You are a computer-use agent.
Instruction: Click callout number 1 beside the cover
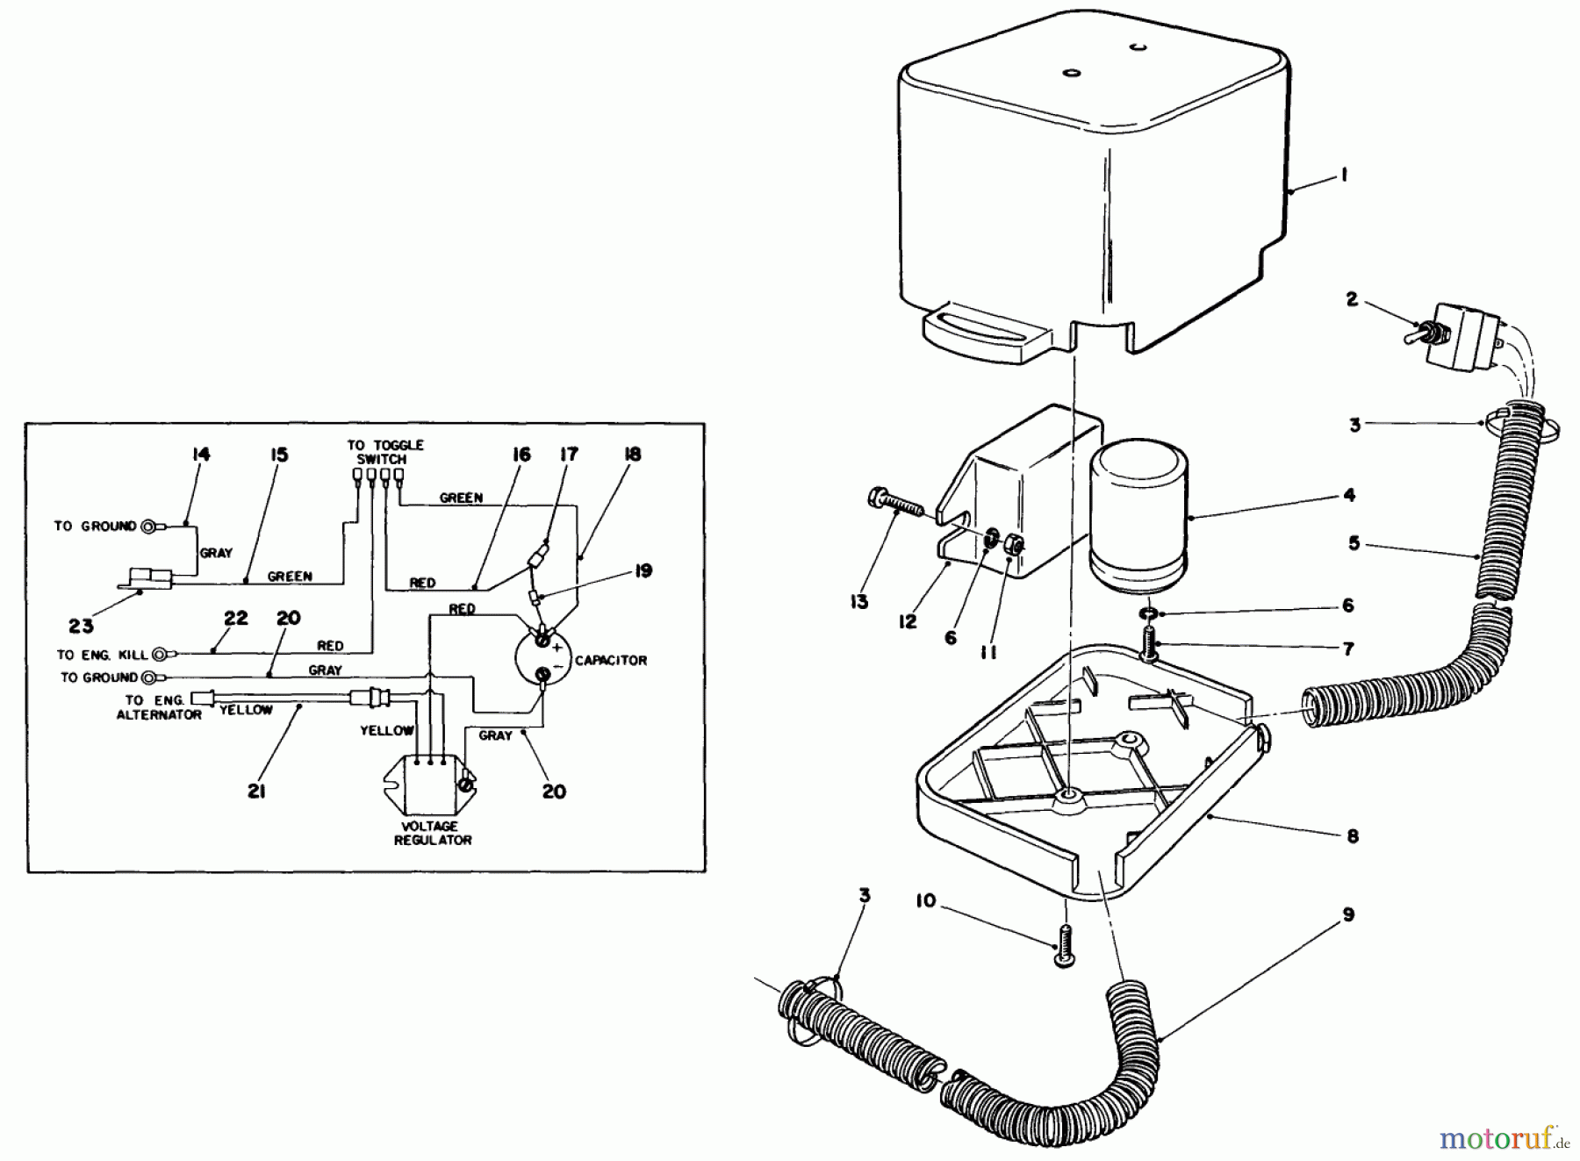tap(1343, 176)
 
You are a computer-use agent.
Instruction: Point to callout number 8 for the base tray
tap(1352, 836)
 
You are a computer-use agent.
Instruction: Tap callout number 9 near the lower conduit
tap(1347, 914)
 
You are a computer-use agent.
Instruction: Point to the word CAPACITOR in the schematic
tap(610, 660)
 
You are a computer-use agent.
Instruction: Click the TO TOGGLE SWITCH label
tap(384, 452)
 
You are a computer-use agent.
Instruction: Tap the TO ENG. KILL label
tap(103, 654)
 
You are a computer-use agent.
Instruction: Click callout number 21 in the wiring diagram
tap(255, 792)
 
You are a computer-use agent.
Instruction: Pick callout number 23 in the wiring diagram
tap(81, 627)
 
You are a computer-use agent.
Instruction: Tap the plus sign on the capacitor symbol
tap(557, 648)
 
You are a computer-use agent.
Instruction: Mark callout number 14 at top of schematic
tap(201, 454)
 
